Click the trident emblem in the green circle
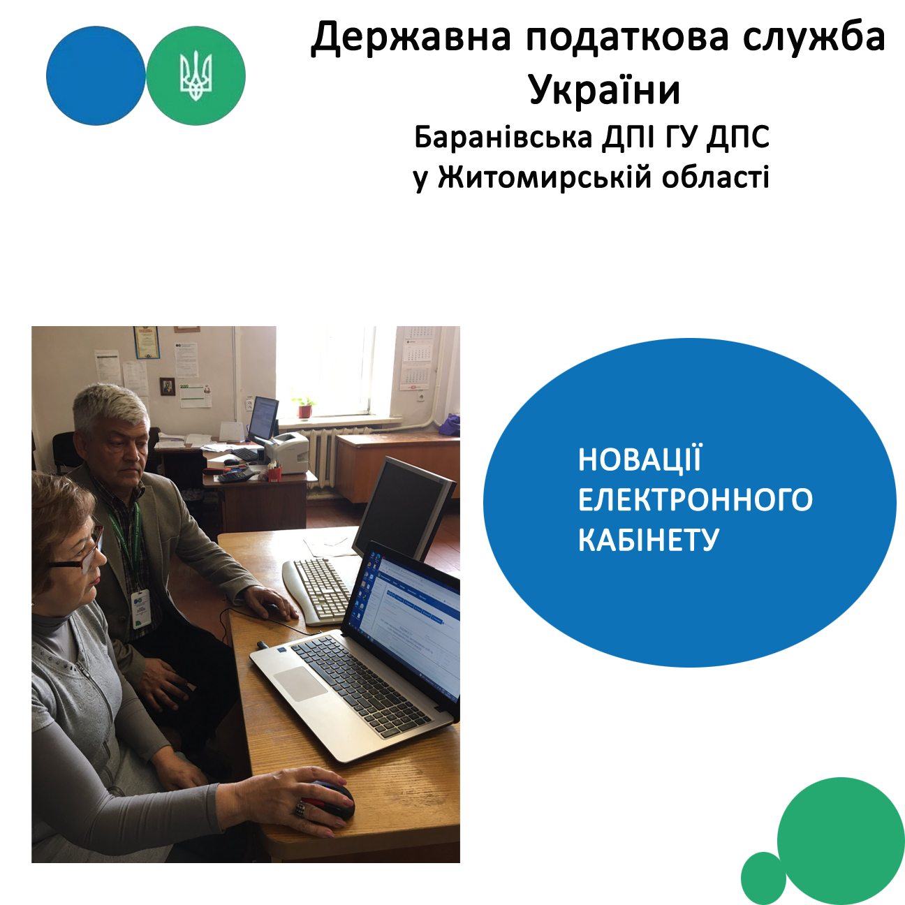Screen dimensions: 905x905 (196, 76)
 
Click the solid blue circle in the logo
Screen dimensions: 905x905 (96, 75)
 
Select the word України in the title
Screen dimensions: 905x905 (605, 89)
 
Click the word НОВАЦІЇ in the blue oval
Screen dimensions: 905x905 (640, 459)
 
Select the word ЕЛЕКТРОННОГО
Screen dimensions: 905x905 (695, 499)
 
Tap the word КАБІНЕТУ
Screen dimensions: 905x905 (649, 540)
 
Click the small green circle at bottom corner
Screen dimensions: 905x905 (763, 878)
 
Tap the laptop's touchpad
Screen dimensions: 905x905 (300, 684)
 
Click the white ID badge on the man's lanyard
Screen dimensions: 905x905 (140, 609)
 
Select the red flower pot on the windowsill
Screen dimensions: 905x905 (305, 411)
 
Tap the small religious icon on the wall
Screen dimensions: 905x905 (167, 386)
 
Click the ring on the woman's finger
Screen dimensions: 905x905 (300, 808)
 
